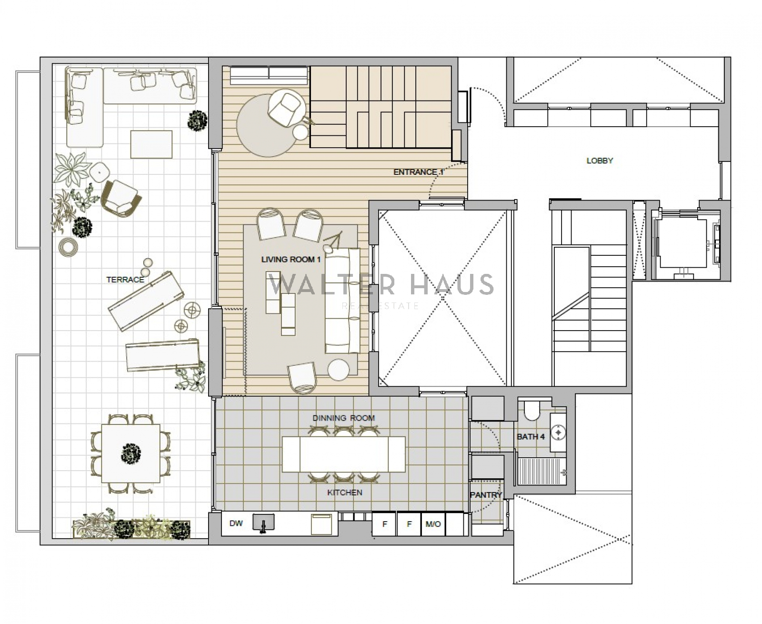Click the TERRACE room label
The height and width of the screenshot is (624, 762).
pyautogui.click(x=125, y=280)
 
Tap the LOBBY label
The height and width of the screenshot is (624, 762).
pyautogui.click(x=600, y=161)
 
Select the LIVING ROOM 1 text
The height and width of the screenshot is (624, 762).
pyautogui.click(x=291, y=260)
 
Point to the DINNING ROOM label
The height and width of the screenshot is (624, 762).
pyautogui.click(x=343, y=418)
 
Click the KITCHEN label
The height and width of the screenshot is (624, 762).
pyautogui.click(x=345, y=493)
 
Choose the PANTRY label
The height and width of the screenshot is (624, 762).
pyautogui.click(x=486, y=495)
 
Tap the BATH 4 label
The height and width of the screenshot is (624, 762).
pyautogui.click(x=531, y=437)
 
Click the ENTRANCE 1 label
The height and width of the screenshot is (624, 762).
pyautogui.click(x=419, y=172)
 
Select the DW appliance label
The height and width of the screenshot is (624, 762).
pyautogui.click(x=236, y=523)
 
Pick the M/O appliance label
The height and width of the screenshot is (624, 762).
pyautogui.click(x=433, y=524)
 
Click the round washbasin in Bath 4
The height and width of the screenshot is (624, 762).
pyautogui.click(x=559, y=432)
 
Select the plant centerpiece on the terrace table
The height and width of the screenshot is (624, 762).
pyautogui.click(x=131, y=453)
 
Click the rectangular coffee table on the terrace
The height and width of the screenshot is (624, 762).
pyautogui.click(x=151, y=144)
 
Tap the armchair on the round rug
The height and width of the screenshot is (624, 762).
pyautogui.click(x=285, y=107)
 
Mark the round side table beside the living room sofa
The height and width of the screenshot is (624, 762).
pyautogui.click(x=339, y=369)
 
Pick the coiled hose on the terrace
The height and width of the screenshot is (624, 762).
pyautogui.click(x=68, y=248)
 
